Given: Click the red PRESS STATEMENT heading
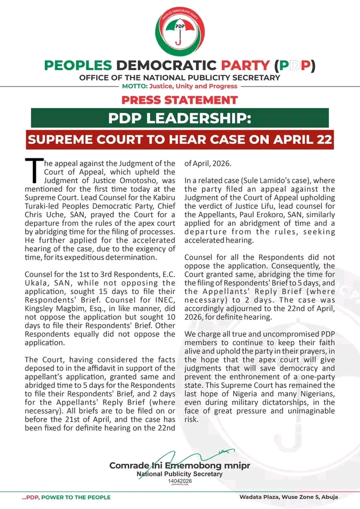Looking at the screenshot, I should click(179, 100).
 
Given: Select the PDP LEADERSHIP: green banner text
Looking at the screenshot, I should click(179, 118).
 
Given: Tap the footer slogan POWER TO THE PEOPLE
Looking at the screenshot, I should click(76, 498).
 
